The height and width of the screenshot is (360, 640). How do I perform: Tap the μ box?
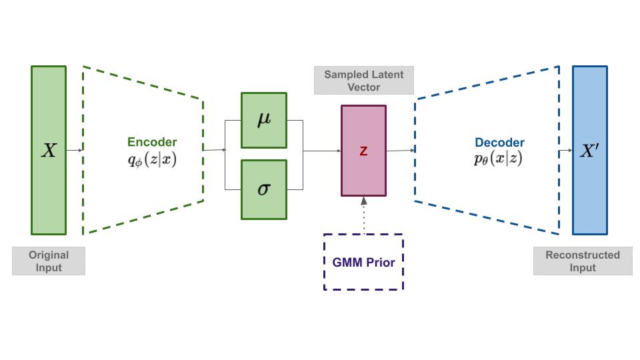click(x=264, y=120)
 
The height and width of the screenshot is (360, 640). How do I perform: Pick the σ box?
click(x=264, y=189)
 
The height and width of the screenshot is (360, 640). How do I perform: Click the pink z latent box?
click(x=363, y=170)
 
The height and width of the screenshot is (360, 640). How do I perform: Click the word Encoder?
click(x=152, y=142)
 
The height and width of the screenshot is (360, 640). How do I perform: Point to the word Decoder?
click(x=499, y=143)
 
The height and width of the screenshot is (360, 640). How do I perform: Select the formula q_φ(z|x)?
click(x=152, y=159)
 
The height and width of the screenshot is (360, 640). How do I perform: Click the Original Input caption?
click(x=49, y=261)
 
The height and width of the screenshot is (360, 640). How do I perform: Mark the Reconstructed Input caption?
click(x=583, y=261)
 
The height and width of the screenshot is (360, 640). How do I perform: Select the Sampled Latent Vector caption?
click(x=364, y=81)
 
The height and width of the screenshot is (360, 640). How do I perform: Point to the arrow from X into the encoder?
click(x=74, y=150)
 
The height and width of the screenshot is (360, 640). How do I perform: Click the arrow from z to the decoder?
click(x=401, y=150)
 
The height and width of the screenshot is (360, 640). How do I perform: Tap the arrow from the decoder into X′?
click(x=566, y=150)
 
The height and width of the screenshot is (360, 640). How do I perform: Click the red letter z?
click(x=363, y=151)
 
